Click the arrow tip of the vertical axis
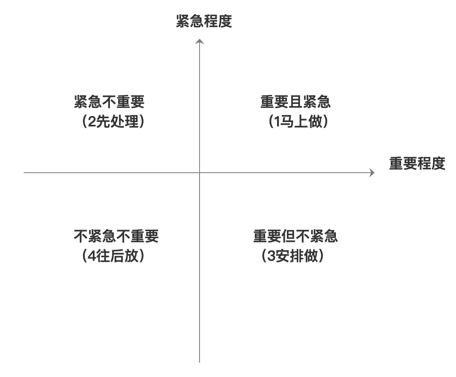click(200, 39)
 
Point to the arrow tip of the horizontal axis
click(374, 173)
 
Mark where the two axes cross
click(200, 173)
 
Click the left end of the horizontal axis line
click(24, 173)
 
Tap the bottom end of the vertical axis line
click(200, 362)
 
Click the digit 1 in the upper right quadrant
click(277, 122)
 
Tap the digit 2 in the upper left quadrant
click(92, 122)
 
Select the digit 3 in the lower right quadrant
click(271, 256)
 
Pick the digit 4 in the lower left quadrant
click(92, 256)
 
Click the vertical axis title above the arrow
click(204, 21)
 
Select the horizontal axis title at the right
click(417, 163)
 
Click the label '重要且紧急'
click(296, 102)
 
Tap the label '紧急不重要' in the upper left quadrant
click(109, 102)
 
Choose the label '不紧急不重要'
click(116, 236)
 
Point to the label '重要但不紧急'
click(296, 236)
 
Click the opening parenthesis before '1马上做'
click(271, 122)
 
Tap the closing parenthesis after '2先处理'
click(142, 122)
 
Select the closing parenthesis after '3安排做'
click(321, 256)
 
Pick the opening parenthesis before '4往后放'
click(85, 256)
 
